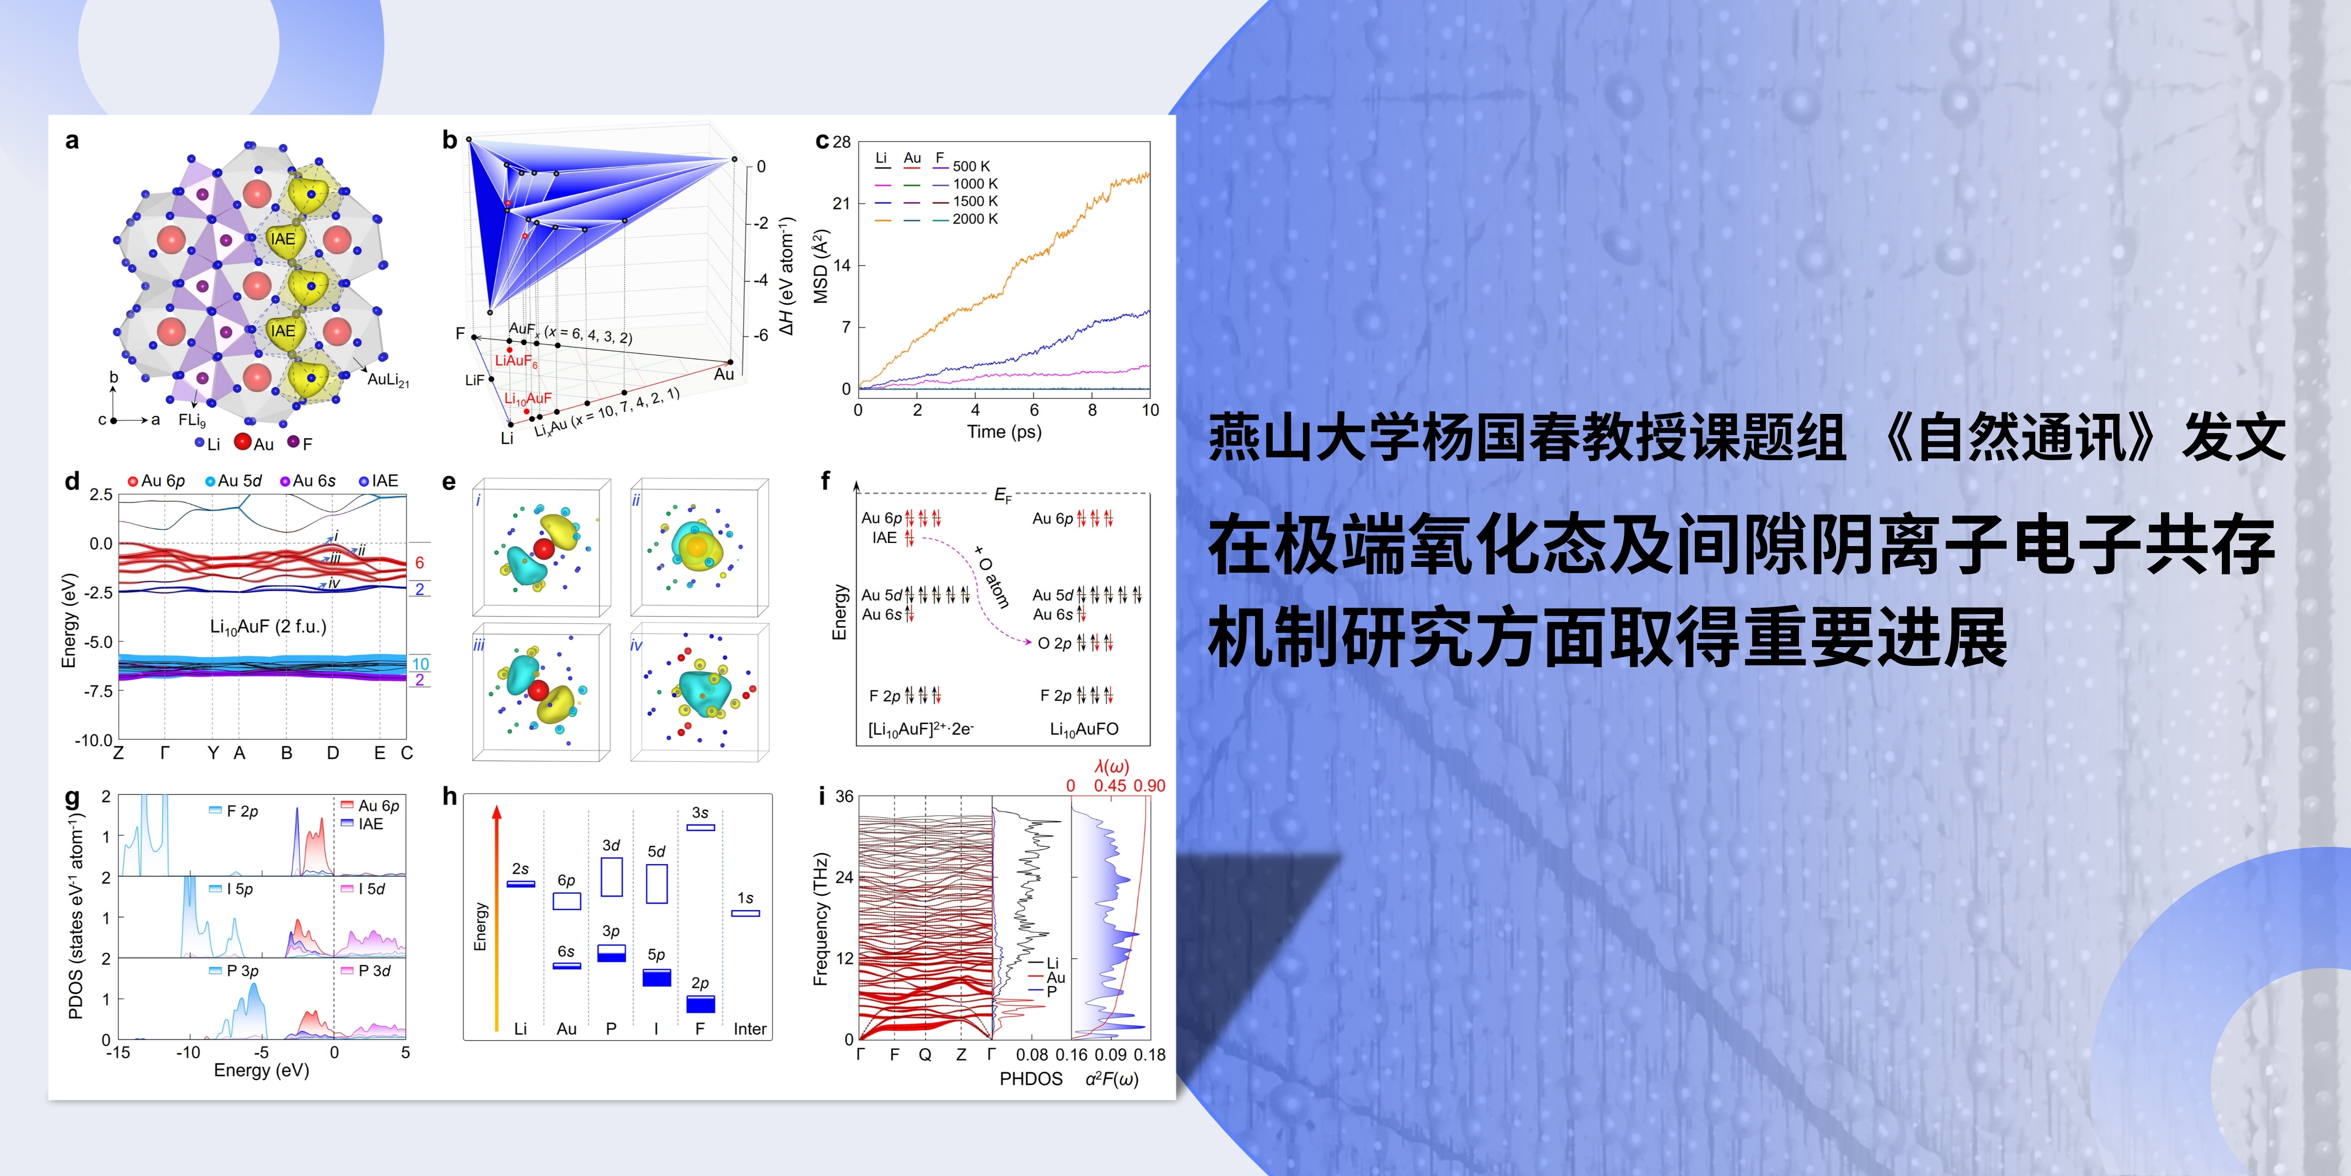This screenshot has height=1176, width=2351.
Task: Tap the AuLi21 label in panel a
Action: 388,380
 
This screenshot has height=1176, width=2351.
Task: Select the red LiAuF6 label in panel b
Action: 517,362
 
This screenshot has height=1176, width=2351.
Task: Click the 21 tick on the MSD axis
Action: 841,204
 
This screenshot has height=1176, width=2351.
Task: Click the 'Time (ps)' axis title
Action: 1004,432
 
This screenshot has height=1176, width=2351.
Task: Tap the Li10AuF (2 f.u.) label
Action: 268,627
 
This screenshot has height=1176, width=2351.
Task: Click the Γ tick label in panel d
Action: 164,753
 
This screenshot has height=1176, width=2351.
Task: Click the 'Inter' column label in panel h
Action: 750,1029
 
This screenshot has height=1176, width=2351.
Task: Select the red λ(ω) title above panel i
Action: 1112,767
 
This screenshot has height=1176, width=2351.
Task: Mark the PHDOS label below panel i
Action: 1031,1079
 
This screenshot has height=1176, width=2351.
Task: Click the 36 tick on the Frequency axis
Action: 844,797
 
